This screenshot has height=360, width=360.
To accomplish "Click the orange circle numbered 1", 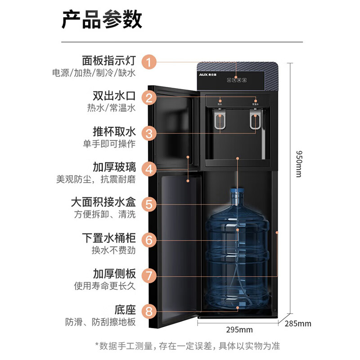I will [149, 61].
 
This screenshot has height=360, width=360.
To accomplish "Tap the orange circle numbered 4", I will [149, 169].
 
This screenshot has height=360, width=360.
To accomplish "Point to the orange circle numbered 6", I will [149, 239].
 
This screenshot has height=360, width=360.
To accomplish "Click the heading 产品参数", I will [102, 20].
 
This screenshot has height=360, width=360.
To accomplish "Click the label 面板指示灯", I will [108, 60].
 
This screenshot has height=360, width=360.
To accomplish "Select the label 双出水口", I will [114, 96].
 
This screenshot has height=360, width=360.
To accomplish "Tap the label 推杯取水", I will [114, 132].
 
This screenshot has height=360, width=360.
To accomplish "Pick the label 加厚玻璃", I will [114, 167].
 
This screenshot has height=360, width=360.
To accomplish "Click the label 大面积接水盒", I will [103, 202].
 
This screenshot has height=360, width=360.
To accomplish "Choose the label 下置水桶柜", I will [108, 238].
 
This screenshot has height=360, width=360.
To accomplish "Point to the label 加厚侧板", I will [114, 274].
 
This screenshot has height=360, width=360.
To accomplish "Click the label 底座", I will [125, 310].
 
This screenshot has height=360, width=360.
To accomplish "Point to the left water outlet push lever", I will [220, 123].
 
